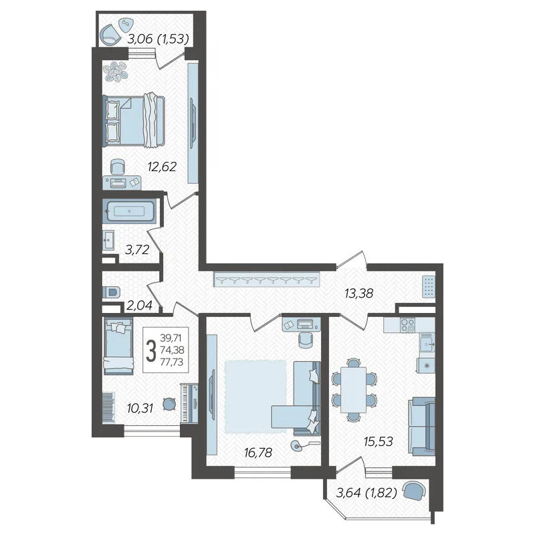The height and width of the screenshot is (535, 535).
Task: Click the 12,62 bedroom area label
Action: tap(162, 167)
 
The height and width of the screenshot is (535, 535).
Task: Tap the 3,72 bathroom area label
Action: tap(137, 250)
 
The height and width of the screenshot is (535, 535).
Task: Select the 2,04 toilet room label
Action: tap(139, 306)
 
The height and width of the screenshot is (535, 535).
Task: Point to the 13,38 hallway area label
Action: tap(359, 293)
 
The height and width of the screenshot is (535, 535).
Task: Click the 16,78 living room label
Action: tap(258, 453)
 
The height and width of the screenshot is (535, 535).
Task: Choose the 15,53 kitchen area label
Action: tap(379, 441)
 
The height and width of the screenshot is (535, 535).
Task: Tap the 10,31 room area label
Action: tap(140, 408)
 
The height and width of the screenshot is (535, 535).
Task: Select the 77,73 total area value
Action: tap(172, 362)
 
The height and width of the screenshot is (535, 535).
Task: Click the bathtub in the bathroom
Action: tap(129, 211)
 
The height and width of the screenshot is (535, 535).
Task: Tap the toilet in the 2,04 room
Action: tap(111, 292)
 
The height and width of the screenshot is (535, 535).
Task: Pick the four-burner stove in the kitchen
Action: tap(407, 324)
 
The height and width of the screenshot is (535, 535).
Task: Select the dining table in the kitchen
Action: tap(354, 389)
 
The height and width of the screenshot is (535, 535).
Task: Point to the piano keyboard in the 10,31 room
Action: tap(189, 403)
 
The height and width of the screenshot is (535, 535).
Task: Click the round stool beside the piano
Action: tap(169, 405)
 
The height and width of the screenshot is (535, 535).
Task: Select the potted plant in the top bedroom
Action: tap(116, 72)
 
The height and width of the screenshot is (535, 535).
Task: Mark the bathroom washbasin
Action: tap(108, 240)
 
